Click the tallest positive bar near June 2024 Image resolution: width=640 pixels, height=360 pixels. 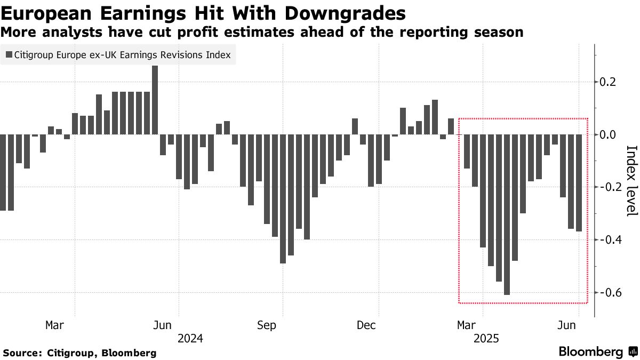point(155,100)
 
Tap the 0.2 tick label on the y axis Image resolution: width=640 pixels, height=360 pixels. point(610,82)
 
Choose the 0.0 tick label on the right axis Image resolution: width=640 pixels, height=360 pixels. point(610,134)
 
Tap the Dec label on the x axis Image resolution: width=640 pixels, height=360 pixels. point(366,325)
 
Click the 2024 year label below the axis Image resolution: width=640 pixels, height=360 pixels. point(190,339)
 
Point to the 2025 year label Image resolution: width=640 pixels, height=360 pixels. point(486,339)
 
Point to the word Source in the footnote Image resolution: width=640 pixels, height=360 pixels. point(22,353)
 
